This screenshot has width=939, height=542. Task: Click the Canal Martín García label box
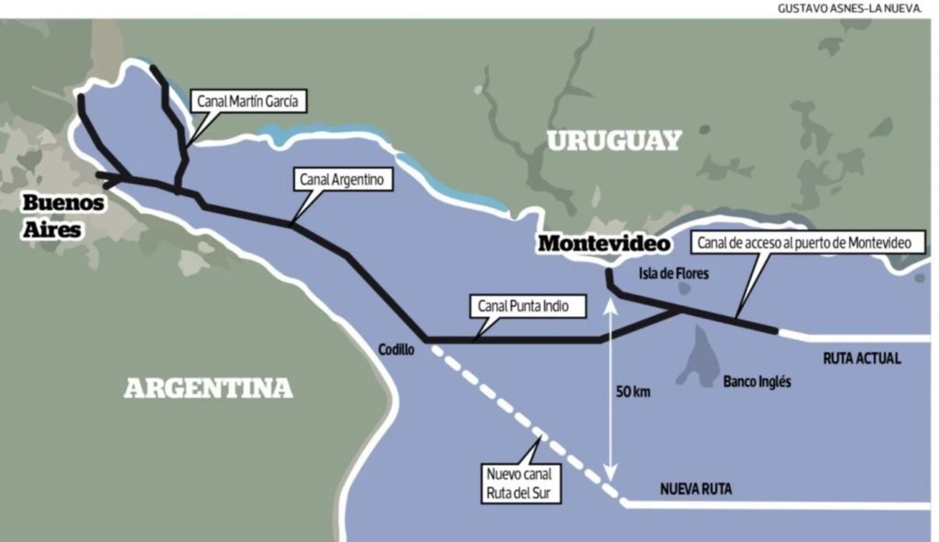248,101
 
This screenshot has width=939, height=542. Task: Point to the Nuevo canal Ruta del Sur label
520,483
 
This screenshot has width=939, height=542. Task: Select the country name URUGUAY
614,140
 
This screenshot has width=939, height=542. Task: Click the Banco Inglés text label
757,382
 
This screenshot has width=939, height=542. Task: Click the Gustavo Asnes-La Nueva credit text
854,8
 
